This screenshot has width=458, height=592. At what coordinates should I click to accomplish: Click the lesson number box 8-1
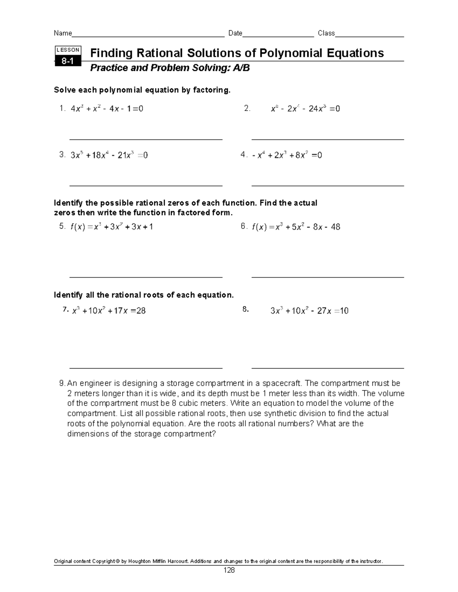(x=68, y=61)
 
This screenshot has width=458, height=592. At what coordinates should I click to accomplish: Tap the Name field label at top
(x=63, y=33)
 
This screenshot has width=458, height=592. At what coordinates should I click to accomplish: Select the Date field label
(x=235, y=33)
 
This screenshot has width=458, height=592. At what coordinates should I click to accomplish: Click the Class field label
(x=326, y=33)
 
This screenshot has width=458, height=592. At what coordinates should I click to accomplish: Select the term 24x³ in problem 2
(x=317, y=109)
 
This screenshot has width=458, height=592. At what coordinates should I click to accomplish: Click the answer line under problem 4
(x=327, y=186)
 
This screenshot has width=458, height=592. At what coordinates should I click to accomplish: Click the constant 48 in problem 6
(x=335, y=227)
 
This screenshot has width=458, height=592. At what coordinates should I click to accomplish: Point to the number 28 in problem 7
(x=141, y=311)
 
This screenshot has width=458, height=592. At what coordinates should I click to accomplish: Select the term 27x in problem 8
(x=324, y=311)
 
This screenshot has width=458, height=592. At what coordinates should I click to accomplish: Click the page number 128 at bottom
(x=229, y=570)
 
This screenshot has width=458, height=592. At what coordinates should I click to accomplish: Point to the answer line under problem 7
(x=146, y=369)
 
